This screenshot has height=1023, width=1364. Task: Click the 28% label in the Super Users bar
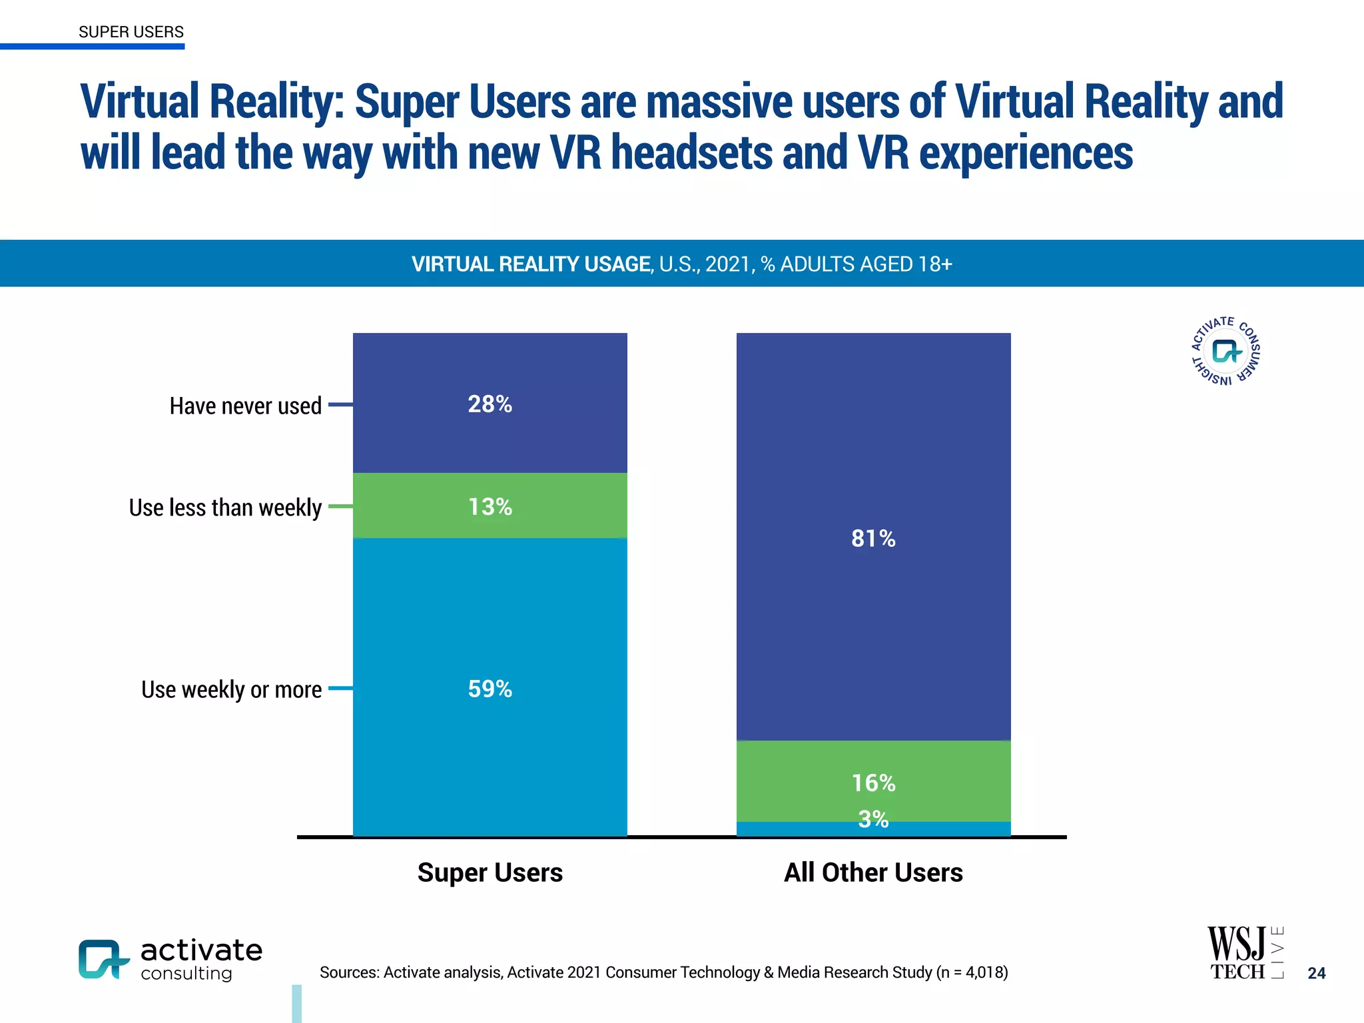[490, 404]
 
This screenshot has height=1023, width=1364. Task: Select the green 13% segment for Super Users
[490, 507]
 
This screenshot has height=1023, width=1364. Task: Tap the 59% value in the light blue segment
[490, 689]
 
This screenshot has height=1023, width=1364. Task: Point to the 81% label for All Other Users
[873, 538]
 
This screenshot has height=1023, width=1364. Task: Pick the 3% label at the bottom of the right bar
[873, 819]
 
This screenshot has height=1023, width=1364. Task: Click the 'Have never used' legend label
[245, 406]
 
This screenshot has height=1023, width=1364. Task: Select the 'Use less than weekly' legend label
[225, 508]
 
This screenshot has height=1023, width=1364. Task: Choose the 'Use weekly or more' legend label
[231, 689]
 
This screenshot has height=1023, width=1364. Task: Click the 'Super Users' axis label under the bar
[490, 872]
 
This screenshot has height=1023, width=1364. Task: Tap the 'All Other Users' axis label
[873, 872]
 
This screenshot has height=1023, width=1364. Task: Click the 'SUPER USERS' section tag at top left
[131, 32]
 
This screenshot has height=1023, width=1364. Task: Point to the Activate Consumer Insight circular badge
[1225, 351]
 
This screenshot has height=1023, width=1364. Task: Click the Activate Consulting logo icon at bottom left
[103, 959]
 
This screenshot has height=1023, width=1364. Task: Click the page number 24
[1316, 973]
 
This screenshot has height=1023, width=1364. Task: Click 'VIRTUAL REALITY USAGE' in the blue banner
[531, 264]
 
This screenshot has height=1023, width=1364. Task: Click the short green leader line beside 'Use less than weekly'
[340, 506]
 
